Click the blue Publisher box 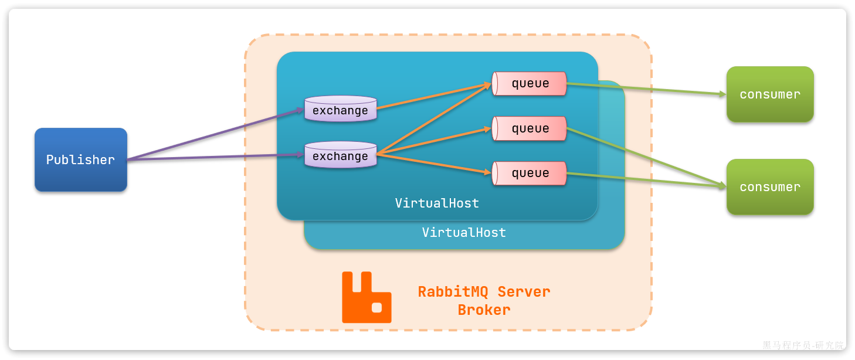(x=81, y=159)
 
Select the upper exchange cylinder (x=341, y=110)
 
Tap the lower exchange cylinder (x=341, y=155)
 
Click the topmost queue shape (x=530, y=83)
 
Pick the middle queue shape (x=530, y=128)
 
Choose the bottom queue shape (x=530, y=173)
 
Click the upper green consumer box (x=770, y=94)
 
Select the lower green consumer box (x=770, y=187)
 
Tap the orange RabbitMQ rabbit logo (x=366, y=297)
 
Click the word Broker (x=484, y=310)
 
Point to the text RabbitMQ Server (x=484, y=291)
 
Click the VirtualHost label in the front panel (x=437, y=203)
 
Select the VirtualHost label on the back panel (x=464, y=233)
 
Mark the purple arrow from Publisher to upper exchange (x=216, y=134)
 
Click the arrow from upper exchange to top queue (x=434, y=96)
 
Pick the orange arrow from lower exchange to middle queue (x=434, y=141)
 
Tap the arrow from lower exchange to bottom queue (x=434, y=164)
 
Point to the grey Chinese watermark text (x=803, y=345)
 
